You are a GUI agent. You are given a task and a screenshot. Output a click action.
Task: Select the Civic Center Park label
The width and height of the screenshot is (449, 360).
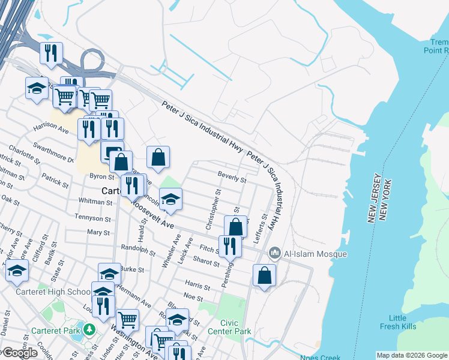pyautogui.click(x=229, y=326)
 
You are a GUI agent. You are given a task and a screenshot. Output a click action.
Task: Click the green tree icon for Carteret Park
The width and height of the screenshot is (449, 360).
pyautogui.click(x=89, y=329)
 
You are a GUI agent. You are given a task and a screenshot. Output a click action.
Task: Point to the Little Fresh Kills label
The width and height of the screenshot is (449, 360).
pyautogui.click(x=397, y=322)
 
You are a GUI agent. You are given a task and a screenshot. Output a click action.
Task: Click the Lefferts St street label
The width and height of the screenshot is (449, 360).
pyautogui.click(x=262, y=229)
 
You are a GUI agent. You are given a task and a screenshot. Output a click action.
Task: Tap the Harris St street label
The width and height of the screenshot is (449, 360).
pyautogui.click(x=197, y=287)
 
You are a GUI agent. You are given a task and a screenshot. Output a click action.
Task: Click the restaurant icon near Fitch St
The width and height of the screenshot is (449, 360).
pyautogui.click(x=230, y=245)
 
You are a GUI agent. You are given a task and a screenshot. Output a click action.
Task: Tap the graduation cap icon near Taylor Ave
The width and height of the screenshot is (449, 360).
pyautogui.click(x=17, y=271)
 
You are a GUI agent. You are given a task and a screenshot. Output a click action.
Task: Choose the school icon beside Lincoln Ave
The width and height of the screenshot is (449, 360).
pyautogui.click(x=170, y=200)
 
